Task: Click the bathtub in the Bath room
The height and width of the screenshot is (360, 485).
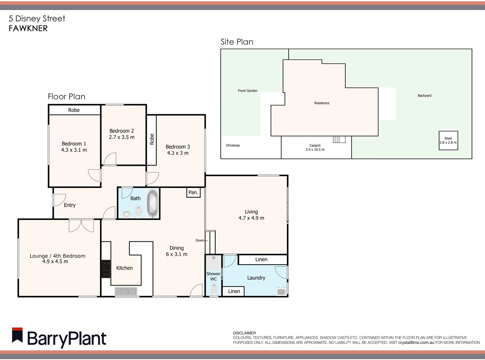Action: tap(153, 203)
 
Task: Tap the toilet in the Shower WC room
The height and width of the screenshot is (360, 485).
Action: tap(214, 288)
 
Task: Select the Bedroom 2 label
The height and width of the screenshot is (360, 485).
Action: tap(122, 131)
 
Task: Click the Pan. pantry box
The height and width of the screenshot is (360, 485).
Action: tap(193, 192)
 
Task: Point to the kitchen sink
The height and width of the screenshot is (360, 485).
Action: tap(126, 291)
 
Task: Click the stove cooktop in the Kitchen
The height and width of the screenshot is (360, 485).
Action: tap(106, 269)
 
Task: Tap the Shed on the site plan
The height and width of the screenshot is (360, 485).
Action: tap(448, 140)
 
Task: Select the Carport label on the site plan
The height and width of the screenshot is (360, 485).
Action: tap(315, 145)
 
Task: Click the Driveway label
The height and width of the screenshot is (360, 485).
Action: tap(233, 145)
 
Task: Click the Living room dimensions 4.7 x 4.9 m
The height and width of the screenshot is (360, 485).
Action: tap(251, 218)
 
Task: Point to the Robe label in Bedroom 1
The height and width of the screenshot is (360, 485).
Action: tap(74, 110)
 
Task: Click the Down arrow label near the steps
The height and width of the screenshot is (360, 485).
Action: tap(201, 240)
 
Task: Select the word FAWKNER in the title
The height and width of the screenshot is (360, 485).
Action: tap(28, 28)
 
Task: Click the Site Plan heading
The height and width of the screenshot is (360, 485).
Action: tap(237, 42)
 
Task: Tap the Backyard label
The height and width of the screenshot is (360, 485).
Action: tap(424, 96)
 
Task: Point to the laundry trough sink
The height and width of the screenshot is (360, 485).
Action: tap(281, 291)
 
